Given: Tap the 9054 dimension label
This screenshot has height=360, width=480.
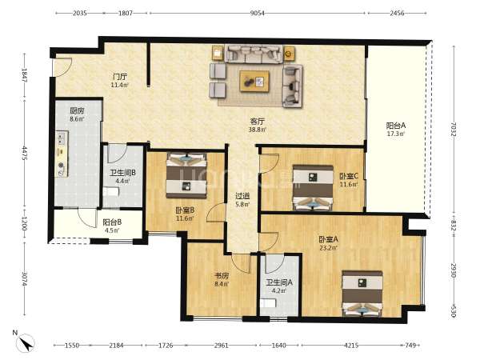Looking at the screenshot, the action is click(257, 13).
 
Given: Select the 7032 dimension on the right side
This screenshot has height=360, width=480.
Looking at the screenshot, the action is click(454, 130).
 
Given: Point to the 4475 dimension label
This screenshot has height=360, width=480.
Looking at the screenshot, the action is click(25, 154).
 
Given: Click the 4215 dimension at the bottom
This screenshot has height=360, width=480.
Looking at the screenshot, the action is click(351, 346).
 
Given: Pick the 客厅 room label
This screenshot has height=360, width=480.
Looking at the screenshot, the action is click(258, 122).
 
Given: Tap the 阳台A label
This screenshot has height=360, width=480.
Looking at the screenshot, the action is click(396, 126).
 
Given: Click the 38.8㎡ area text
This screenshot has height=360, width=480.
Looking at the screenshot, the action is click(257, 130).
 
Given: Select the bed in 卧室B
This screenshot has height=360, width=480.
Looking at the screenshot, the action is click(186, 175).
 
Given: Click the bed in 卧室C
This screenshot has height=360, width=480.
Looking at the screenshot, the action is click(313, 188).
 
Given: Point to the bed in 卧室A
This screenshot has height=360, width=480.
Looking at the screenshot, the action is click(362, 294).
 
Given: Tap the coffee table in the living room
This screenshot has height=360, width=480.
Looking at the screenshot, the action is click(254, 81).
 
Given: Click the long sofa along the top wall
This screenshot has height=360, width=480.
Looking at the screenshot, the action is click(254, 54).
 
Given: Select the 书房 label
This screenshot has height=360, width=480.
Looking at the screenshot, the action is click(222, 276).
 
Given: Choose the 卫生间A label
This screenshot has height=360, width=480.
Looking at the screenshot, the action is click(279, 282).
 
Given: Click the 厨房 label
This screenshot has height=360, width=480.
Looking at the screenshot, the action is click(77, 110).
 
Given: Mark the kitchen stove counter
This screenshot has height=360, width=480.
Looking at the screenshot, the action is click(62, 154).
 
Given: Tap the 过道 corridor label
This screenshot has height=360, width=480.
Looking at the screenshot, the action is click(242, 196).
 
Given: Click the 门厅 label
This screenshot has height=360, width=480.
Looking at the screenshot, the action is click(120, 77).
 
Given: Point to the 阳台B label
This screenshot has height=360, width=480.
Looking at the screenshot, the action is click(112, 222).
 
